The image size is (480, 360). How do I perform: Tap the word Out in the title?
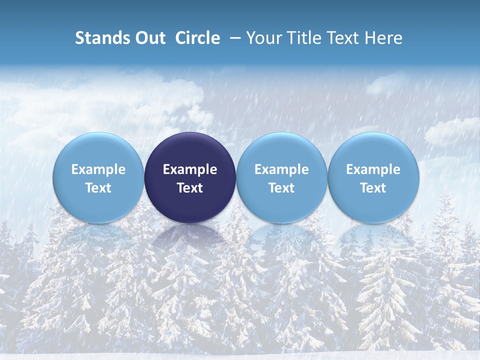pos(149,38)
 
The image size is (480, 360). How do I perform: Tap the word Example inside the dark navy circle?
pos(190,169)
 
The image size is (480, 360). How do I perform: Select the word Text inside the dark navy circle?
pos(190,188)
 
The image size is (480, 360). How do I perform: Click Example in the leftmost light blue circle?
pos(98,169)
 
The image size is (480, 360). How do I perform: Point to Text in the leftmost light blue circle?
pos(98,188)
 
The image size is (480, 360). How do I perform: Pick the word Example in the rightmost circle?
pos(373,169)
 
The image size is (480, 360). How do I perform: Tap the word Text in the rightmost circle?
pos(373,188)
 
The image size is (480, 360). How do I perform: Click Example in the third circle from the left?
pos(281,169)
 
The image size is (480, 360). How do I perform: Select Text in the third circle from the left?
pos(281,188)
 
